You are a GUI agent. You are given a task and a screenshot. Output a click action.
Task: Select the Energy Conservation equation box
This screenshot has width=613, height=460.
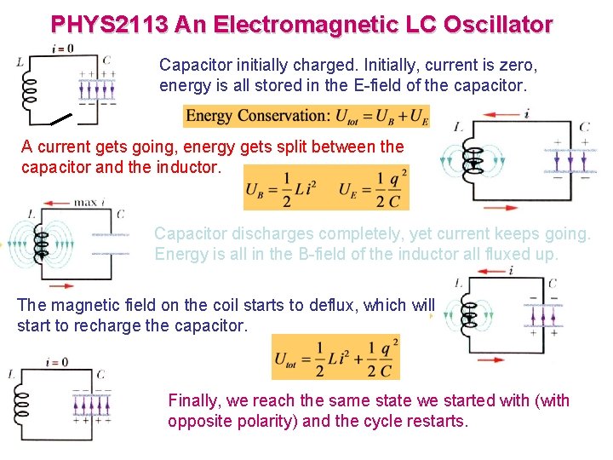pos(306,116)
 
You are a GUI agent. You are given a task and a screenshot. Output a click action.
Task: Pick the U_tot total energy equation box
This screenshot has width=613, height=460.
pos(335,357)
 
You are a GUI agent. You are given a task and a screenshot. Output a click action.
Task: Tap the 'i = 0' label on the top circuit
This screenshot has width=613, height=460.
pos(63,48)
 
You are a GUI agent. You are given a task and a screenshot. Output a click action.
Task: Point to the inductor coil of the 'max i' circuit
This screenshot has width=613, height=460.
pos(37,242)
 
